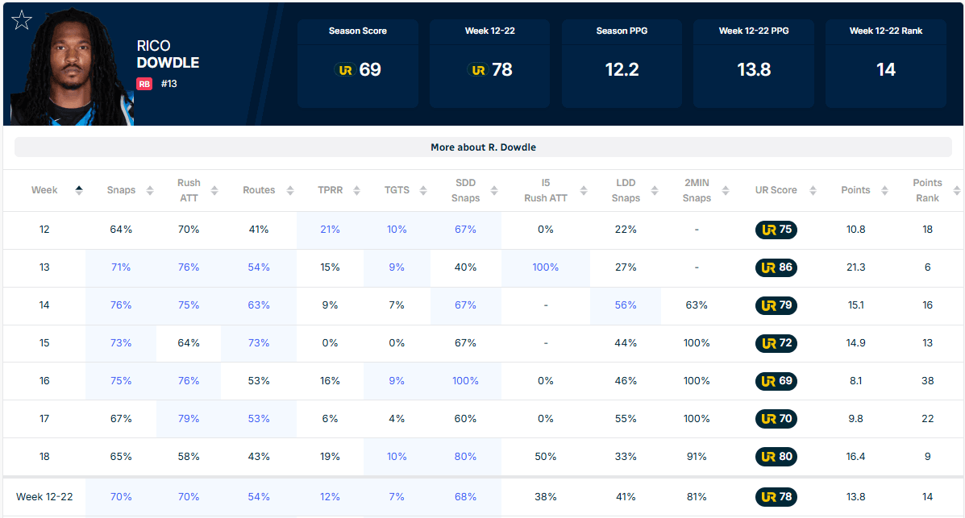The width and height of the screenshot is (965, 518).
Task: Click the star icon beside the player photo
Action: click(22, 20)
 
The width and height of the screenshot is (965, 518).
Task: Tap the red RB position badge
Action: click(144, 84)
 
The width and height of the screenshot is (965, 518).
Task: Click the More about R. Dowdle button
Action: click(483, 147)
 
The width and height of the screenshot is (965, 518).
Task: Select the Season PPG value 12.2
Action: click(622, 69)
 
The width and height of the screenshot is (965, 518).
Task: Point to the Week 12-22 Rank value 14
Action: click(886, 69)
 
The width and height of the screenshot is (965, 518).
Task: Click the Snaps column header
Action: click(121, 190)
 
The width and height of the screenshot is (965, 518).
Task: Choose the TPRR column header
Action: click(330, 190)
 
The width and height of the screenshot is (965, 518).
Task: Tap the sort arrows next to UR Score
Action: click(813, 191)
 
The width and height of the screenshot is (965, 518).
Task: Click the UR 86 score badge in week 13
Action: click(776, 267)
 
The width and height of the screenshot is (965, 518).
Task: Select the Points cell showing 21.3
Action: click(855, 267)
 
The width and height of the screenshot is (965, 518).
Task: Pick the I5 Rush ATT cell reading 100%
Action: click(545, 267)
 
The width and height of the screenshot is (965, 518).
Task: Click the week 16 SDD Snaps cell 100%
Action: click(465, 381)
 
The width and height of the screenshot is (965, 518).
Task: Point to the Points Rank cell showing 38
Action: click(927, 381)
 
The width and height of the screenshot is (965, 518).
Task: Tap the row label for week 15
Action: click(44, 343)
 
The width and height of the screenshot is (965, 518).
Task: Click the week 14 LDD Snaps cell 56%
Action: click(626, 305)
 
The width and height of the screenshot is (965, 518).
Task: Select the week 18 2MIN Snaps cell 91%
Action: click(697, 457)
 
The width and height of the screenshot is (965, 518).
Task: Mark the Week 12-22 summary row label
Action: click(44, 496)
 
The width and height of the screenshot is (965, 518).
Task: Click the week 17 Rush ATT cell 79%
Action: click(189, 419)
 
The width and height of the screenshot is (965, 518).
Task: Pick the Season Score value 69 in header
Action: click(370, 69)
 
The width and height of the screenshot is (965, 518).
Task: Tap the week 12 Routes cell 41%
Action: click(259, 230)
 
